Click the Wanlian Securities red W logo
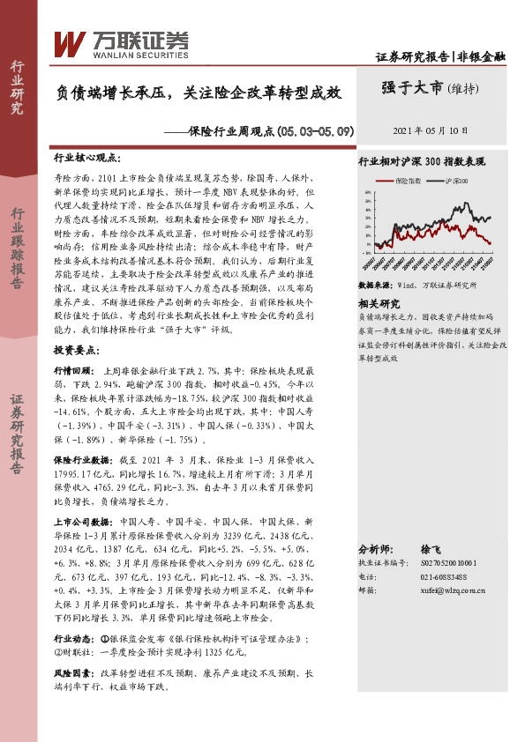click(70, 41)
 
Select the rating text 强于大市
click(412, 88)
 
